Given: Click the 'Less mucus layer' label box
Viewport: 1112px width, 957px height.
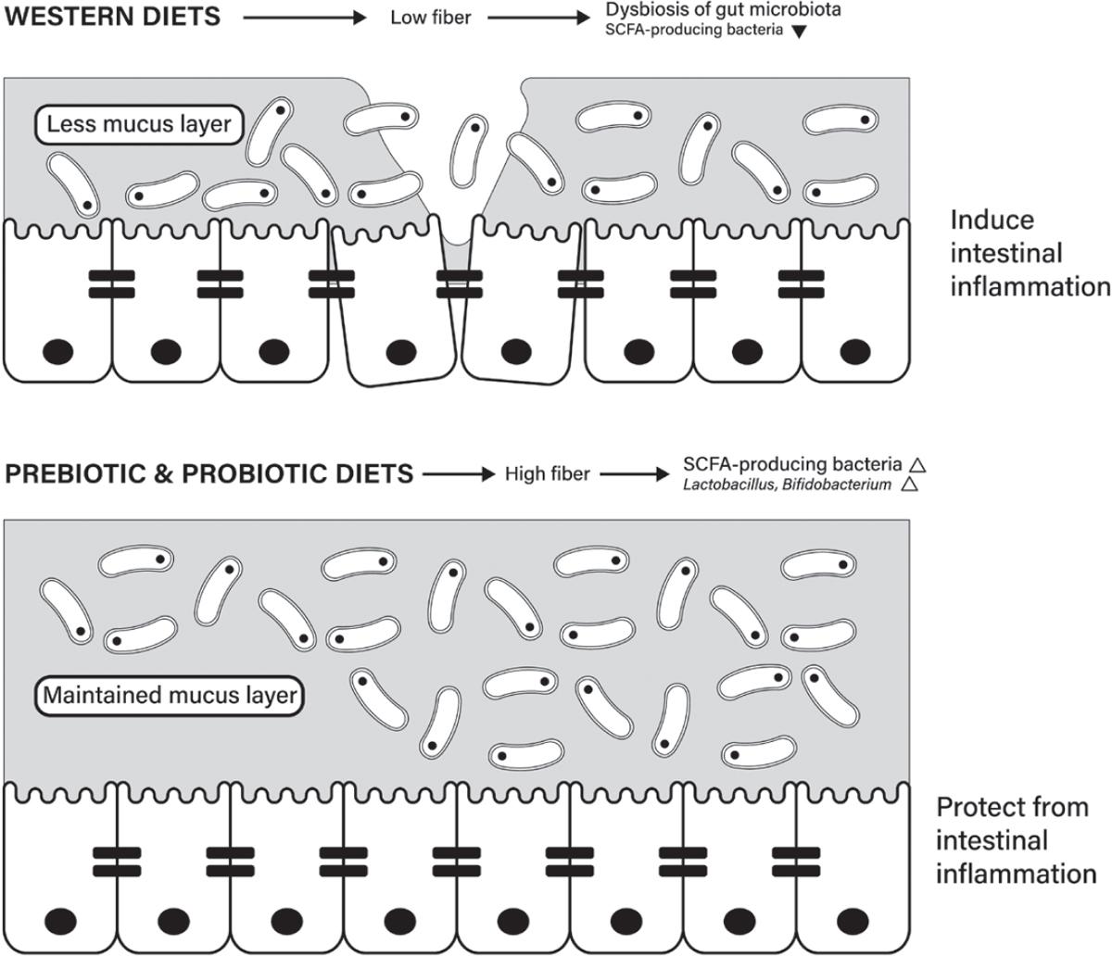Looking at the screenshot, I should point(139,123).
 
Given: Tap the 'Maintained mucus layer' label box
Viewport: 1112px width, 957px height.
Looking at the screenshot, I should point(171,695).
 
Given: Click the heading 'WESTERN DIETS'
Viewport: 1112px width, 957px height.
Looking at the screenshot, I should point(113,17).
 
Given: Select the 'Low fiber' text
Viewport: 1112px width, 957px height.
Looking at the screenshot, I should point(431,18).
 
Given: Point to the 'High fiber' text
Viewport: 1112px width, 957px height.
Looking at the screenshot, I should point(547,474).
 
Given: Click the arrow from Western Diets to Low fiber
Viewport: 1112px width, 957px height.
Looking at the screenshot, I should point(305,17).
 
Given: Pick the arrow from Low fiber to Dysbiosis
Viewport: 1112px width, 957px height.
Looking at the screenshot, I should point(538,18).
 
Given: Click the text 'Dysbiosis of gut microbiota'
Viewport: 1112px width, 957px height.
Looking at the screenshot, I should point(723,10).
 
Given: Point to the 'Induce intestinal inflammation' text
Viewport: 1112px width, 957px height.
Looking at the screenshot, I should point(1030,253).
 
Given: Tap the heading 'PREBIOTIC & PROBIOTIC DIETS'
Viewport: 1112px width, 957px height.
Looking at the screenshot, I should point(209,474).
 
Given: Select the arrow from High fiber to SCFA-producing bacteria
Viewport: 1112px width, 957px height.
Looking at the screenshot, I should point(634,474).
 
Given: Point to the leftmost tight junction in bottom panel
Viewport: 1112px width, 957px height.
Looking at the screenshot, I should point(117,862).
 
